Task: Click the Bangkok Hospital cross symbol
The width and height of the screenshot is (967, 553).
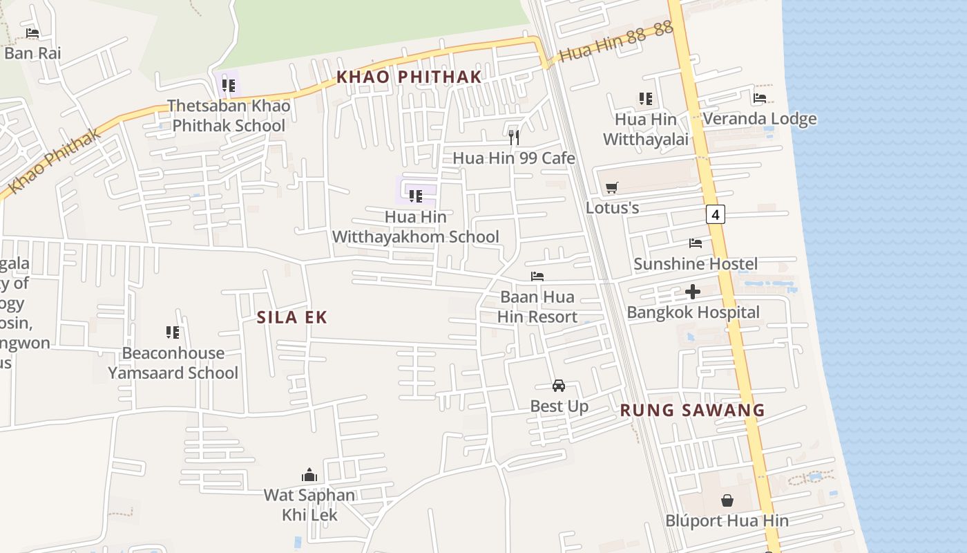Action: pos(693,292)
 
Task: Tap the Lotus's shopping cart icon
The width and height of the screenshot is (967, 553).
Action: pos(611,187)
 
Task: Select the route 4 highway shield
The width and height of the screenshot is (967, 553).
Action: pos(716,215)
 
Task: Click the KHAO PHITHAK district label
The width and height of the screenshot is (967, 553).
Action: pos(408,77)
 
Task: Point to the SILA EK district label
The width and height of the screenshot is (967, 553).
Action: pos(291,317)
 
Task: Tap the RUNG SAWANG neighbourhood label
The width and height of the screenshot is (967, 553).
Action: pos(692,410)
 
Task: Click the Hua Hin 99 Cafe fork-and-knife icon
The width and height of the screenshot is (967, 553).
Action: pos(514,137)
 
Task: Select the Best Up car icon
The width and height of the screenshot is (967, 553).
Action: pos(559,386)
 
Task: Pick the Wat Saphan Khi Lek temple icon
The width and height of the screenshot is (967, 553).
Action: pos(309,475)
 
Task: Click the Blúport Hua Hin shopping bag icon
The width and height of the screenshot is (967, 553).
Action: pos(727,500)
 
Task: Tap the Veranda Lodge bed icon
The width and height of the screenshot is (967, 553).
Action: pos(760,98)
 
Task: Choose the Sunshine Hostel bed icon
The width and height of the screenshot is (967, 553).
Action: pos(696,243)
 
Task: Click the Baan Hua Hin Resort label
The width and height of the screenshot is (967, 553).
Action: pos(537,308)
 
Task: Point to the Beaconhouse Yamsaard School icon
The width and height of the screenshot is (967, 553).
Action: pos(173,332)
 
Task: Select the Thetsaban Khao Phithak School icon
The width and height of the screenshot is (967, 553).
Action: pos(229,86)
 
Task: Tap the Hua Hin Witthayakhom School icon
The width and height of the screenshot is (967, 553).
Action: pos(416,196)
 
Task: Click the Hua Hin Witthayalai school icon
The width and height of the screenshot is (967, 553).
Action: pos(646,99)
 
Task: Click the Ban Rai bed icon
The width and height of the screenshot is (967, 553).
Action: pos(32,32)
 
